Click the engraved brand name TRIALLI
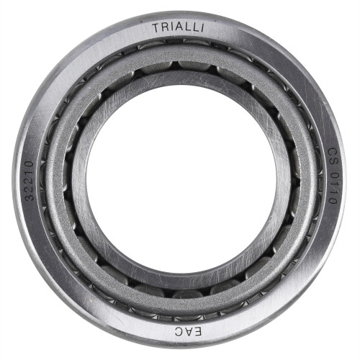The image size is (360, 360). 178,27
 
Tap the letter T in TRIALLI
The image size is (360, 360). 156,28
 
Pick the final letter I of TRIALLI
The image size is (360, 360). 203,28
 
